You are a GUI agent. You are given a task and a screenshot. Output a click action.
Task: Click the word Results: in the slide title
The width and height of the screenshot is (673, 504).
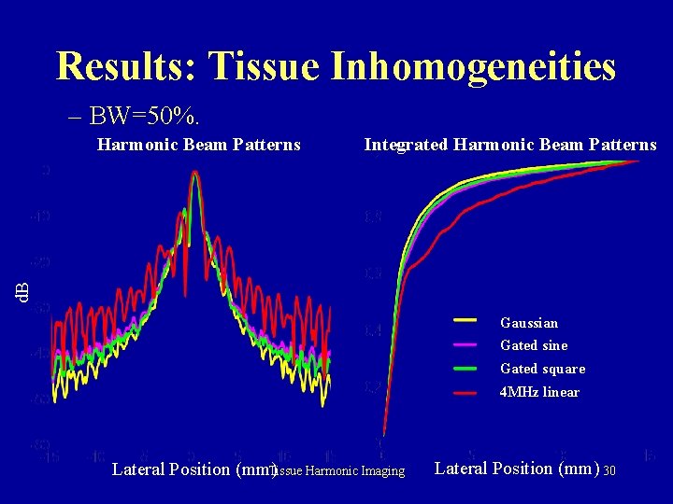[x=126, y=66]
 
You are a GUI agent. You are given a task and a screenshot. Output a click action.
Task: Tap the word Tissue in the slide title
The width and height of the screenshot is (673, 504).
[x=265, y=66]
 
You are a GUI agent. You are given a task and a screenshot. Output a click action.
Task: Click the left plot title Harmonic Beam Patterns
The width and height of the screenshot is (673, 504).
[x=199, y=145]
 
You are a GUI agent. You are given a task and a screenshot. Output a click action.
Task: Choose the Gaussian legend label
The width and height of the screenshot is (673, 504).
[x=529, y=323]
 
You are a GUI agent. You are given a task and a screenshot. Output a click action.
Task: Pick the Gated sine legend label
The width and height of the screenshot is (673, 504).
[x=534, y=345]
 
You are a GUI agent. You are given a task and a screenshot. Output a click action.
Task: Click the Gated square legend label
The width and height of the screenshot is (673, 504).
[x=542, y=369]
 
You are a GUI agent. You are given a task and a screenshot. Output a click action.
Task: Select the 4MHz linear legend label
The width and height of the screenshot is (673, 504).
[x=539, y=392]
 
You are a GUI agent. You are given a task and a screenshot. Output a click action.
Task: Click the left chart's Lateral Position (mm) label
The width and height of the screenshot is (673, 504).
[x=192, y=469]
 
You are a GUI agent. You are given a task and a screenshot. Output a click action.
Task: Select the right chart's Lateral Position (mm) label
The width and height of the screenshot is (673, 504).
[x=517, y=468]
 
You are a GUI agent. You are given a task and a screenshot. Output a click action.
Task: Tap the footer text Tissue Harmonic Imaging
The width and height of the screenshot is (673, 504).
[x=340, y=471]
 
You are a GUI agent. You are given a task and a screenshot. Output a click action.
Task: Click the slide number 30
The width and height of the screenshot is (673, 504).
[x=609, y=470]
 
